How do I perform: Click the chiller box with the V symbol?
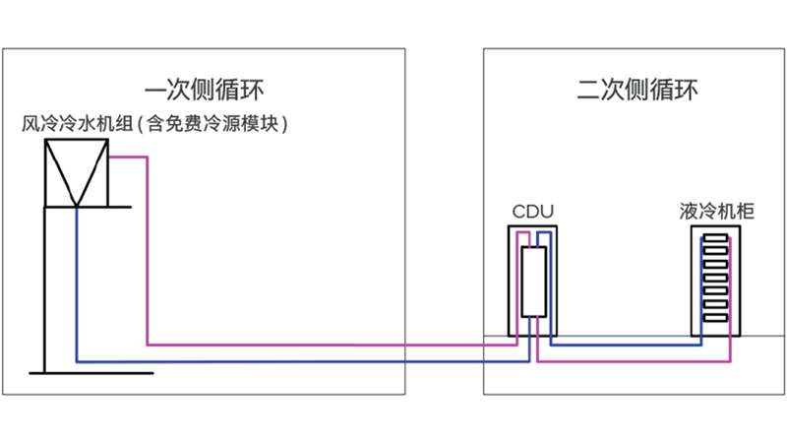[76, 172]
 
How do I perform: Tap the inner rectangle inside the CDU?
[533, 282]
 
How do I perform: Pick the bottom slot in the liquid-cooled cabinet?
[715, 317]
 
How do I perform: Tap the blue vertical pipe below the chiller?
[77, 285]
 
